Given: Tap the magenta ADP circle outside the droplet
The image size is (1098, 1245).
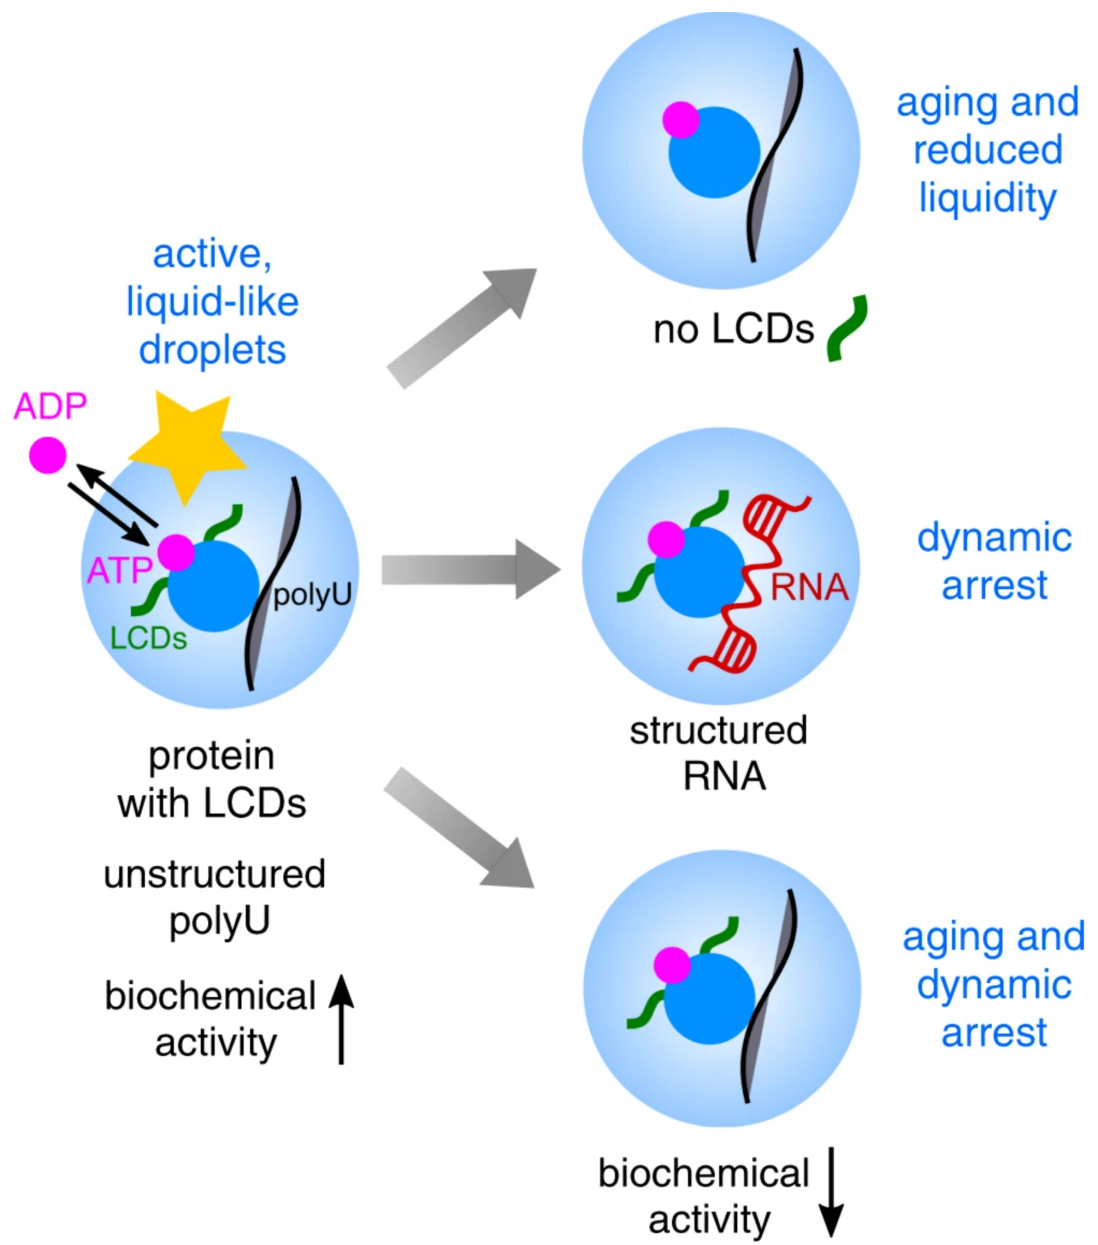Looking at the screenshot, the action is tap(48, 455).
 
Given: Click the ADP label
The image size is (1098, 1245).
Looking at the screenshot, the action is tap(51, 407).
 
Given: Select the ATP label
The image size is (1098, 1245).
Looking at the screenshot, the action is tap(119, 571).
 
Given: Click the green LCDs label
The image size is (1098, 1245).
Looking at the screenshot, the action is tap(149, 638).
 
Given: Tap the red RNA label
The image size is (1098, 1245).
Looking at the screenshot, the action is tap(810, 587).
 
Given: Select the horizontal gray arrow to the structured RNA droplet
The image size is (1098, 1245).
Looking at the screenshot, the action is tap(471, 569).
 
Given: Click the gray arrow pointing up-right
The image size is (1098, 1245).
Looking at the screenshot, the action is tap(462, 327).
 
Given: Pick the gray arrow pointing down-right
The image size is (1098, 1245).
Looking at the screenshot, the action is tap(459, 828).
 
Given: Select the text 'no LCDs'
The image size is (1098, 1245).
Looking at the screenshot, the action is tap(734, 329).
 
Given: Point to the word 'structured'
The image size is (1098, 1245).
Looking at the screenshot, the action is tap(719, 730).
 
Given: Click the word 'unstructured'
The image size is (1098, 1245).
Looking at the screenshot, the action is tap(214, 874).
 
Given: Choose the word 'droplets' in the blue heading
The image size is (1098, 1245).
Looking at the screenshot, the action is tap(213, 350).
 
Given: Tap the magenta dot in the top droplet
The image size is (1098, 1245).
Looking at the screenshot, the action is tap(681, 120).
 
